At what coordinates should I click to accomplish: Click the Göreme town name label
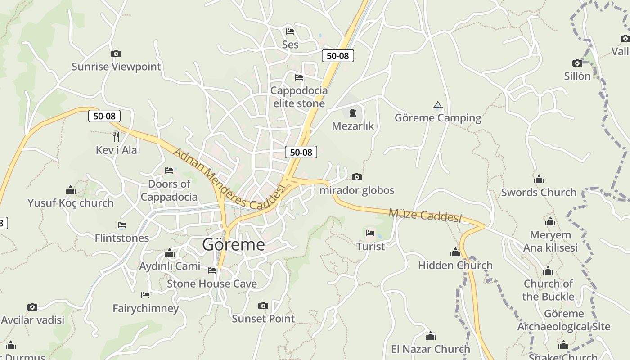(x=234, y=245)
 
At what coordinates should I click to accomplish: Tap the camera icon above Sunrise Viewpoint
(x=116, y=54)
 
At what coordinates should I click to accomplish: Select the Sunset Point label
(x=263, y=319)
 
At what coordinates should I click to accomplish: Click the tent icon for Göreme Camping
(x=437, y=105)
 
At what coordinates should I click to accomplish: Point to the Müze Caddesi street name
(x=425, y=215)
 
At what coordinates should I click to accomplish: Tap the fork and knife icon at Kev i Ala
(x=116, y=136)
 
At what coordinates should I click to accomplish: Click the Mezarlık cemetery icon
(x=353, y=113)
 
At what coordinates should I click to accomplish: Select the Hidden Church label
(x=455, y=265)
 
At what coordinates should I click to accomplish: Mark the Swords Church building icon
(x=539, y=180)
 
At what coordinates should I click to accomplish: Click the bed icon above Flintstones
(x=122, y=225)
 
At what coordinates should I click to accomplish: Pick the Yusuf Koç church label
(x=71, y=203)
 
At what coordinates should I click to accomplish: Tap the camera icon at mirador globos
(x=357, y=177)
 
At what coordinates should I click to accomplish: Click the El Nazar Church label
(x=430, y=349)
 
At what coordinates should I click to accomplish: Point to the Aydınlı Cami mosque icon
(x=170, y=253)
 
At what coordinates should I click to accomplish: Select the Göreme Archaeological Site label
(x=564, y=320)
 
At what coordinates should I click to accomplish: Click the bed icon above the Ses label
(x=290, y=31)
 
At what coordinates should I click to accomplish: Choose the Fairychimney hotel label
(x=146, y=309)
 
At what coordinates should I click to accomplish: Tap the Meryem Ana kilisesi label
(x=550, y=241)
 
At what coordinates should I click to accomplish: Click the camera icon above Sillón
(x=577, y=63)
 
